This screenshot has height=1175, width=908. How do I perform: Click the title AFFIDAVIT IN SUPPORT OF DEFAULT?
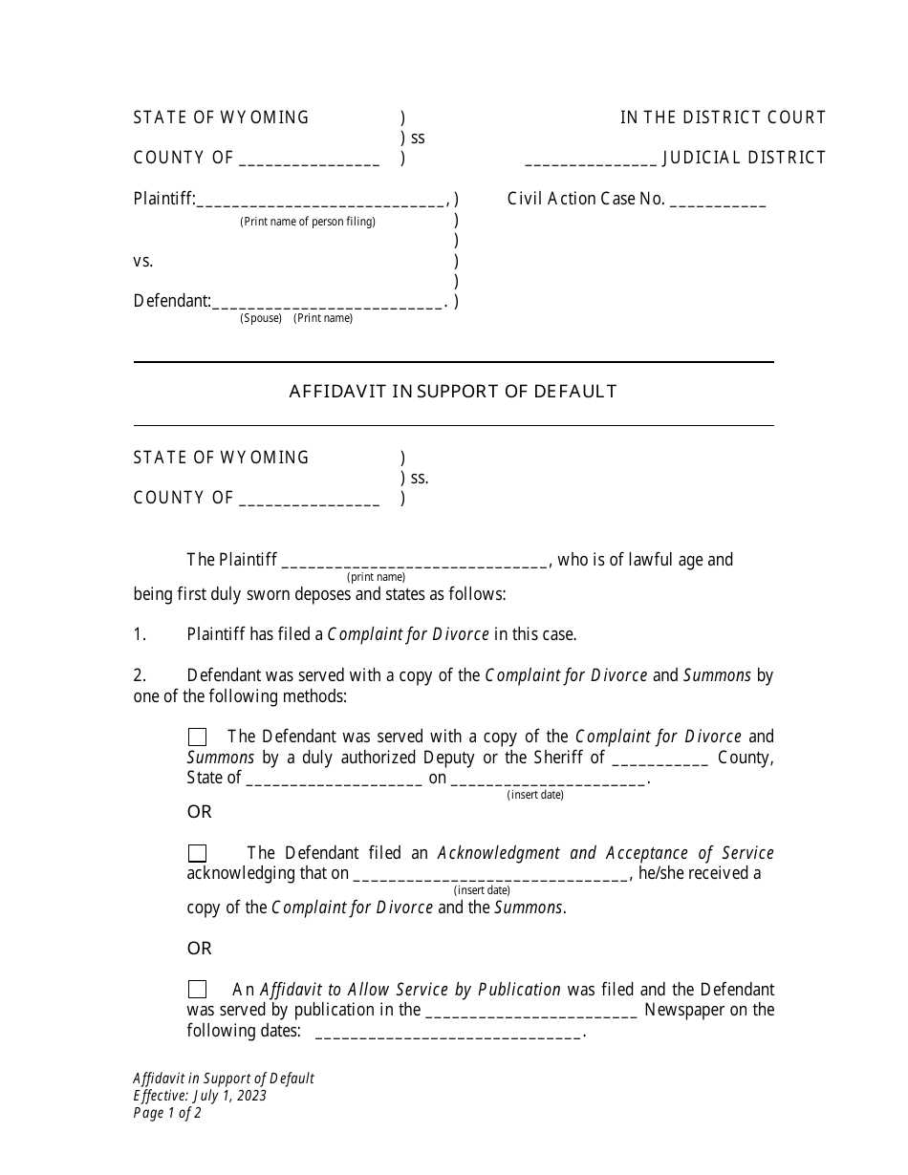point(453,391)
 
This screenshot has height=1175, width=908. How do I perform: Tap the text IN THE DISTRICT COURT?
point(723,117)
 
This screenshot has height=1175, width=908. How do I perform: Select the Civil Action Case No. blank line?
point(718,203)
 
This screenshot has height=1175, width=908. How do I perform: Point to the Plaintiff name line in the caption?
point(321,203)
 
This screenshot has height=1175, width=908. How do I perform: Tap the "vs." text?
point(143,261)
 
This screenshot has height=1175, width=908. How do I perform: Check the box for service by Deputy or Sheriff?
point(197,737)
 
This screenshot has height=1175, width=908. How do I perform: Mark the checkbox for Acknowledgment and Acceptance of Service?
point(197,853)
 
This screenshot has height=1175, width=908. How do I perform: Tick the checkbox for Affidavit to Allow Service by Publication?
point(197,990)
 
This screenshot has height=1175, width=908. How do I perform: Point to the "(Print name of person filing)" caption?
point(308,222)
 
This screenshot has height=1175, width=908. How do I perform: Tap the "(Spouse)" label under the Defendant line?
point(261,318)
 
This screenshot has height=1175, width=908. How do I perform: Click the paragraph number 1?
point(140,633)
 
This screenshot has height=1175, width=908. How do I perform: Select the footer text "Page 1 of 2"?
point(167,1113)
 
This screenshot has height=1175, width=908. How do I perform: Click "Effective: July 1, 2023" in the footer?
point(200,1096)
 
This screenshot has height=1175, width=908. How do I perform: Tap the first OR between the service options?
point(199,812)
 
